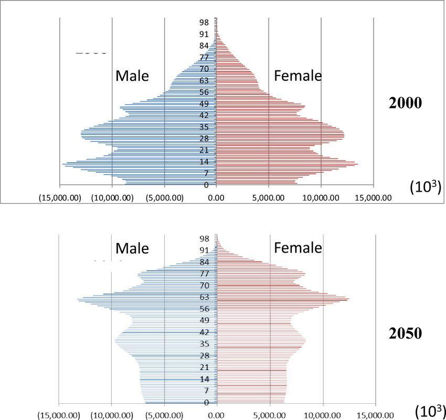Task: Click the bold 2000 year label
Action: click(405, 103)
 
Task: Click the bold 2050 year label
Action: click(405, 333)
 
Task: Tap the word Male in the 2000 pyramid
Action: click(132, 76)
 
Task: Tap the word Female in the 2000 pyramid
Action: click(298, 76)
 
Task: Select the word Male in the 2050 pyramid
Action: click(132, 248)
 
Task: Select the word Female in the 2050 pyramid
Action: click(298, 247)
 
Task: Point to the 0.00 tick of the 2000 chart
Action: click(216, 198)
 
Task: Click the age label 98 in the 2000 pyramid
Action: click(204, 23)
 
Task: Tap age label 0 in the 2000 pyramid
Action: click(206, 185)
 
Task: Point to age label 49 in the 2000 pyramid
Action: click(204, 104)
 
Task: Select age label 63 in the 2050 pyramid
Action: click(204, 297)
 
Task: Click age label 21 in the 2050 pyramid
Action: click(204, 367)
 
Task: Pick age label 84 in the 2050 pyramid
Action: click(204, 262)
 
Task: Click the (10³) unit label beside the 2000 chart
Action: click(425, 187)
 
